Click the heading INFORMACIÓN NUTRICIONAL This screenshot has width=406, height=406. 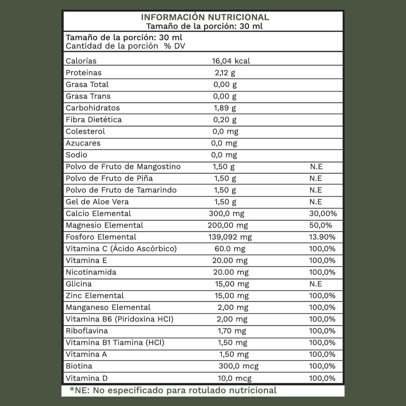pos(205,17)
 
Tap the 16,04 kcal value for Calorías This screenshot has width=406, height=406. pos(231,61)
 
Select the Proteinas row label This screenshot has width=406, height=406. pos(83,73)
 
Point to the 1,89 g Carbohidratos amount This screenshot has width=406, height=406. pos(225,108)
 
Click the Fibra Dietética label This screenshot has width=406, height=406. pos(94,120)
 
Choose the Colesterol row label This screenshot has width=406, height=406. pos(85,131)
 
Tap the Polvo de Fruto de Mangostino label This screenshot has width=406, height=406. pos(123,167)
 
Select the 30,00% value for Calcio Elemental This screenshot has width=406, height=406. pos(323,214)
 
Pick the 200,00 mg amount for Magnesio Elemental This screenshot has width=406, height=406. pos(228,225)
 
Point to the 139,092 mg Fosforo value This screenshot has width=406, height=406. pos(230,237)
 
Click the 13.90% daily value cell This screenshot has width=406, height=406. pos(322,237)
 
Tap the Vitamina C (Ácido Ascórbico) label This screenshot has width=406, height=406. pos(121,249)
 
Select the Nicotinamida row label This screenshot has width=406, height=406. pos(91,272)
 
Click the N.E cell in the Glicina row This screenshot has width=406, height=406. pos(316,284)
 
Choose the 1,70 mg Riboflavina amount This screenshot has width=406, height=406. pos(232,331)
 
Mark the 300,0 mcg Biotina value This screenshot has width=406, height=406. pos(238,366)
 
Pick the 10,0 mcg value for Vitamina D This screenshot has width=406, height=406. pos(234,378)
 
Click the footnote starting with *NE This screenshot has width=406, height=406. pos(173,390)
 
